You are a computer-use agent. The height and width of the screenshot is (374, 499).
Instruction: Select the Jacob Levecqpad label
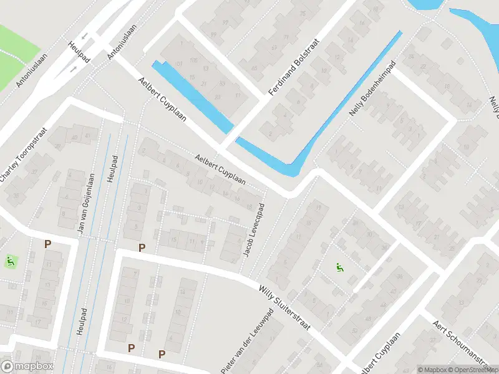click(254, 231)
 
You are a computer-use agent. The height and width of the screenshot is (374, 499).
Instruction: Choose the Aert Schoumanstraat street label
click(465, 341)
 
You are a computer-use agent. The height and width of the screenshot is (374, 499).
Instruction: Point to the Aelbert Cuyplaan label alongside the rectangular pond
click(165, 101)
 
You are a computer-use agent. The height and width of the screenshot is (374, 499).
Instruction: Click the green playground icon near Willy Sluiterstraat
click(340, 268)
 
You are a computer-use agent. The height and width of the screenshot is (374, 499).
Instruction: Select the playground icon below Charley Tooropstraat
click(9, 261)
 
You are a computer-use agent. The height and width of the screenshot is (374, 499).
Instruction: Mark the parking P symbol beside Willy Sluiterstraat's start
click(142, 248)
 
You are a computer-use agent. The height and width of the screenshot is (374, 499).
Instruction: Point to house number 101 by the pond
click(180, 64)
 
